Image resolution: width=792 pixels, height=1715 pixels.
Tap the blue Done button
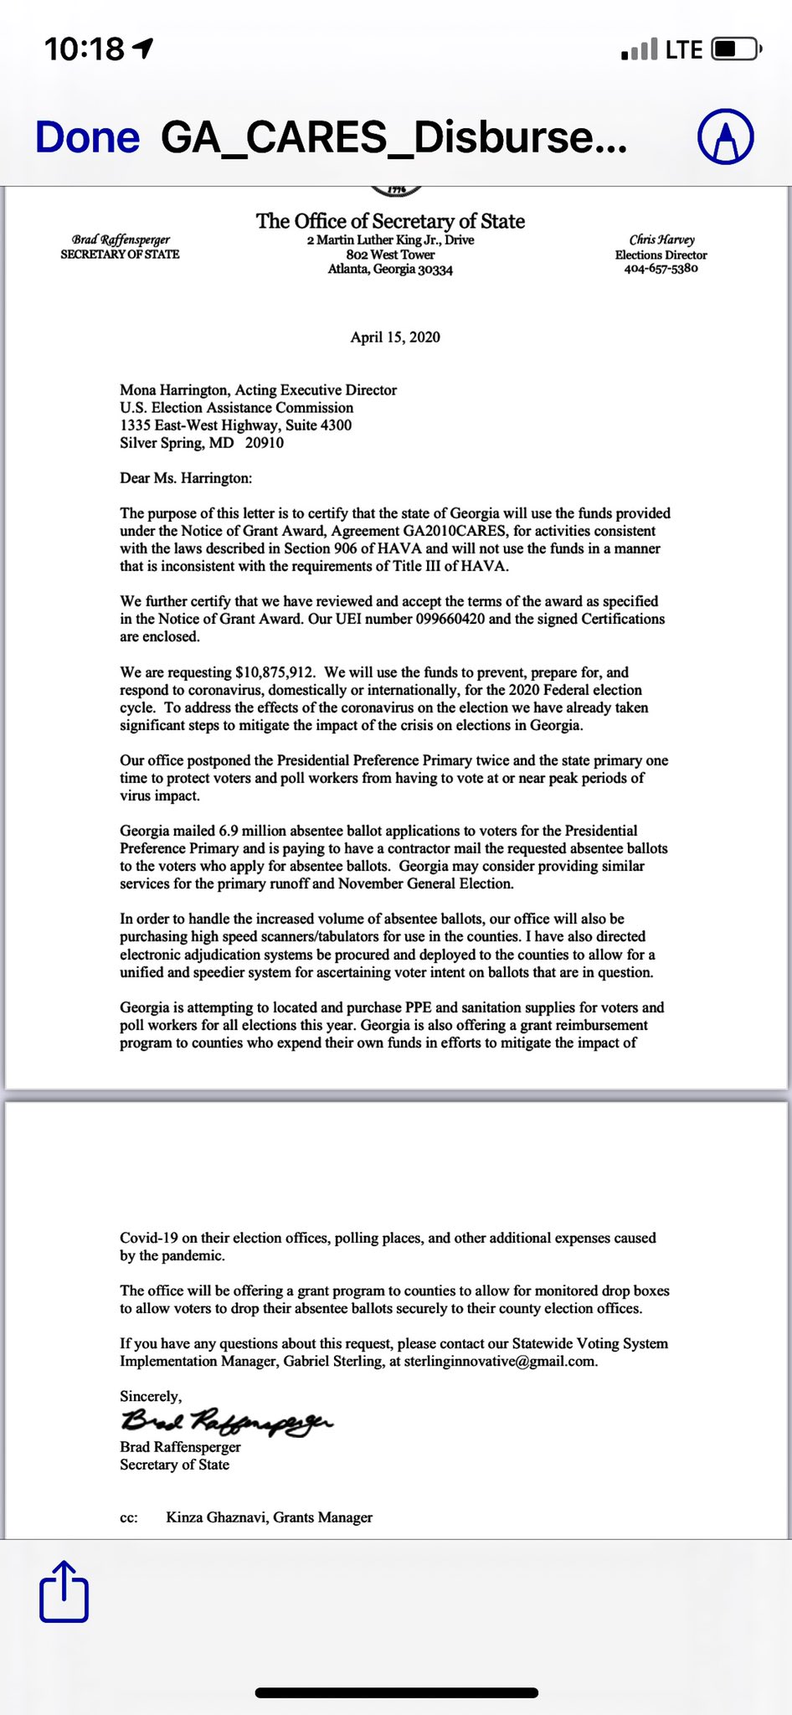click(87, 137)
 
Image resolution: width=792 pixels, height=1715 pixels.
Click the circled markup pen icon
click(726, 136)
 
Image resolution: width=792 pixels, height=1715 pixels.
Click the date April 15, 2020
click(395, 337)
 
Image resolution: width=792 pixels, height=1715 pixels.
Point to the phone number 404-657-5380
click(661, 269)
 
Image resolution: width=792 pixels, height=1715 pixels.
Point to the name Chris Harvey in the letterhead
click(661, 240)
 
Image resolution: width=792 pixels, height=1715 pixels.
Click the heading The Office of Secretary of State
click(390, 221)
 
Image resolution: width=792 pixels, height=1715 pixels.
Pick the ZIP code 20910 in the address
click(265, 443)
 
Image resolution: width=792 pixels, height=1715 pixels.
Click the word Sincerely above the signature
click(150, 1396)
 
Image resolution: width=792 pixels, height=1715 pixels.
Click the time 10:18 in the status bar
click(84, 49)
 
